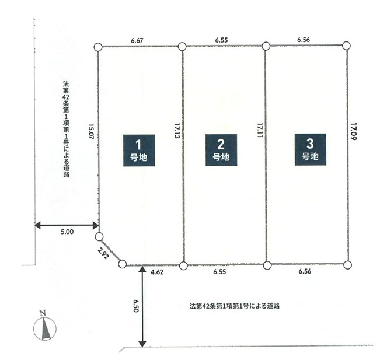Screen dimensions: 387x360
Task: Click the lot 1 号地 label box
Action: pos(139,151)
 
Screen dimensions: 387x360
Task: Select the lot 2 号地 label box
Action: pos(221,150)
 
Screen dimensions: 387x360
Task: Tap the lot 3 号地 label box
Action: pos(310,149)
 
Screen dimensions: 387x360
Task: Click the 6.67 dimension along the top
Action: pos(137,40)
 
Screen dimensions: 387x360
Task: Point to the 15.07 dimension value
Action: pos(91,132)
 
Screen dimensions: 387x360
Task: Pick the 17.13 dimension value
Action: pos(176,131)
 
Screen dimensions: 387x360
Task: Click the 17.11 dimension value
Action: pos(260,130)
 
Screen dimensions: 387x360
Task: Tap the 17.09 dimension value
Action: pos(354,131)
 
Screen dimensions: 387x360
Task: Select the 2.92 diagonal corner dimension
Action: pos(103,253)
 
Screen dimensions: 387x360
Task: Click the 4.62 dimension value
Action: pos(157,272)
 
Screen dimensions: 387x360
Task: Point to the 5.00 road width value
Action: pos(67,232)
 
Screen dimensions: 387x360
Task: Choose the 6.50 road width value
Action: pos(136,306)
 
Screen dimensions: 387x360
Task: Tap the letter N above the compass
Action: pos(43,313)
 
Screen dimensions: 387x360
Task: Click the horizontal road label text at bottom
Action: pos(235,306)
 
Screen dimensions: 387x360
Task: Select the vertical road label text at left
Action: pos(66,129)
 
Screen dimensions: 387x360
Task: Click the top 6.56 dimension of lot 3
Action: pos(304,40)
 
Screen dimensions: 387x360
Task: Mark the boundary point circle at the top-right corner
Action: pos(347,46)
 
